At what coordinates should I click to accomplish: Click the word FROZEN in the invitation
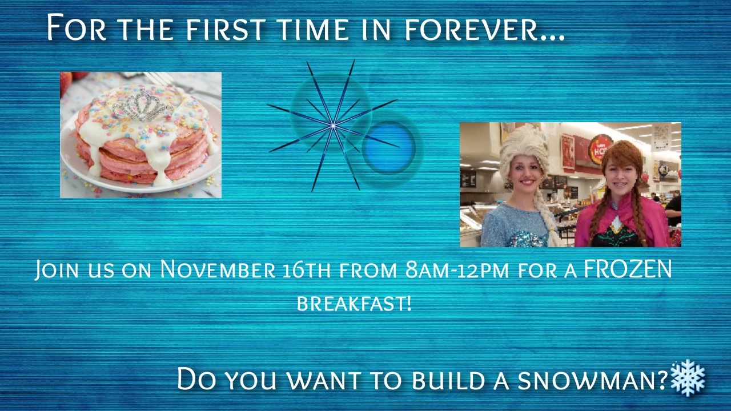628,269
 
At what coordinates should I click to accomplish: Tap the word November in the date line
218,269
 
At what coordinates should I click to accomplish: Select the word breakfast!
354,303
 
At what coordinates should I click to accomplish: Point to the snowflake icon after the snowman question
688,378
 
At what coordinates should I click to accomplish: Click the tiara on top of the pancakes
142,105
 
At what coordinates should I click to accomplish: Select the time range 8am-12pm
457,269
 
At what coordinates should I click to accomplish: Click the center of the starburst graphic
333,126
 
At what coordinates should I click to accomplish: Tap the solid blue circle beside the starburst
388,147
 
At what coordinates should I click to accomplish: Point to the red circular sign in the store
600,150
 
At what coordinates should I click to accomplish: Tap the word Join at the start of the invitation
57,270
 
